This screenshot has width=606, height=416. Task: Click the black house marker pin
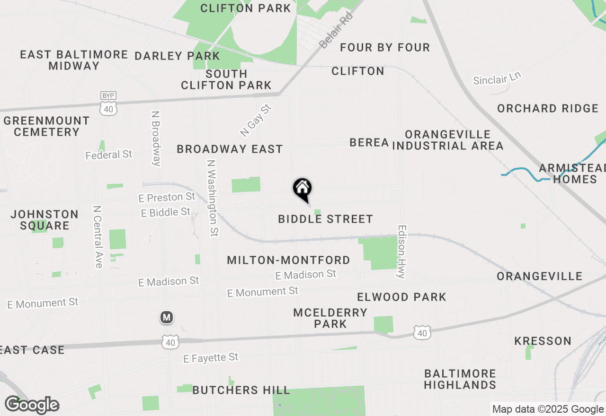pyautogui.click(x=303, y=189)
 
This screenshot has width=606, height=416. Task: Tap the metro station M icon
pyautogui.click(x=166, y=317)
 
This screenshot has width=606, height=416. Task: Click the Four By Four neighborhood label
pyautogui.click(x=385, y=47)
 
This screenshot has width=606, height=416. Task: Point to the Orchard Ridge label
pyautogui.click(x=548, y=108)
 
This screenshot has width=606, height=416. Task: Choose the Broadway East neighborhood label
pyautogui.click(x=230, y=149)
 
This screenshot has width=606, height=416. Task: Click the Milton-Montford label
pyautogui.click(x=288, y=260)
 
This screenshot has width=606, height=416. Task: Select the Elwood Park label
pyautogui.click(x=401, y=297)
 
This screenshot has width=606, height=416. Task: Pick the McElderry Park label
pyautogui.click(x=330, y=318)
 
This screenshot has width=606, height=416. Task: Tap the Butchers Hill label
pyautogui.click(x=241, y=390)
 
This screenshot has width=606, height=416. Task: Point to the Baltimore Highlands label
pyautogui.click(x=460, y=379)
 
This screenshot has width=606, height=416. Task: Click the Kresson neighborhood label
pyautogui.click(x=543, y=341)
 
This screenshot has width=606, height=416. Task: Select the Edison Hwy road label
pyautogui.click(x=402, y=251)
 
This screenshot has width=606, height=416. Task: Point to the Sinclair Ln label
pyautogui.click(x=497, y=78)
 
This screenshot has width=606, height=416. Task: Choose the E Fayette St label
pyautogui.click(x=211, y=358)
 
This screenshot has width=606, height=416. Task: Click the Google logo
pyautogui.click(x=32, y=405)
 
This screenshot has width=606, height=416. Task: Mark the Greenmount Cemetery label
pyautogui.click(x=46, y=126)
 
